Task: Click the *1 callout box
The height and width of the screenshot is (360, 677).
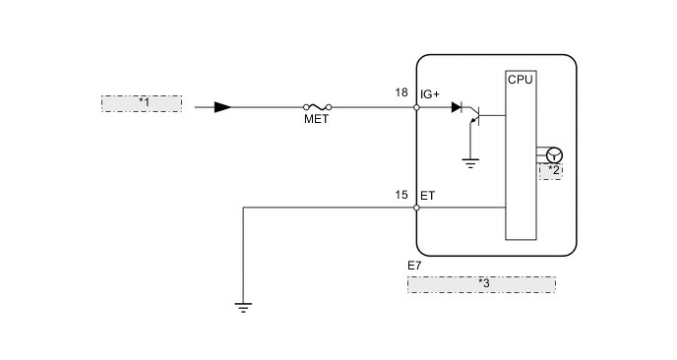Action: (x=142, y=103)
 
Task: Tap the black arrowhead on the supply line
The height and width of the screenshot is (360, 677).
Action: (x=223, y=107)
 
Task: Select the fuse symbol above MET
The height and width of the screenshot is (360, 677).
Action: (x=317, y=107)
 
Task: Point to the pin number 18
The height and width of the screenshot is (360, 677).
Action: (x=401, y=93)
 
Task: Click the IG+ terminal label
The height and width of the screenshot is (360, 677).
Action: (x=431, y=94)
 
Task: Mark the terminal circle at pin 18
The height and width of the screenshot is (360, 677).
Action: (x=417, y=107)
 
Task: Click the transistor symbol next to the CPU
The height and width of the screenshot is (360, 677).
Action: (x=474, y=118)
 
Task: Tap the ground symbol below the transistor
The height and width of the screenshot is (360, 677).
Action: (x=469, y=163)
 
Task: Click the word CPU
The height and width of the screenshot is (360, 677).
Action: (x=521, y=80)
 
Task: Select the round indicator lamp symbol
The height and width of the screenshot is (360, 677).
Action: (x=553, y=154)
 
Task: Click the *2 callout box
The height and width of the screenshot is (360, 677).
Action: (x=550, y=171)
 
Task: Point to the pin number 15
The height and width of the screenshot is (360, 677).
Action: (x=401, y=195)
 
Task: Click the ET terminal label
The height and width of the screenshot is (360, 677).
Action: (x=427, y=196)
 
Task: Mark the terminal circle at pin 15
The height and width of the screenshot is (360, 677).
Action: (x=417, y=208)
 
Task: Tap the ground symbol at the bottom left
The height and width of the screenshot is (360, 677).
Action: (x=242, y=307)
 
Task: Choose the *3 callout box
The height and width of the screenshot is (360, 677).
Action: (x=481, y=284)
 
